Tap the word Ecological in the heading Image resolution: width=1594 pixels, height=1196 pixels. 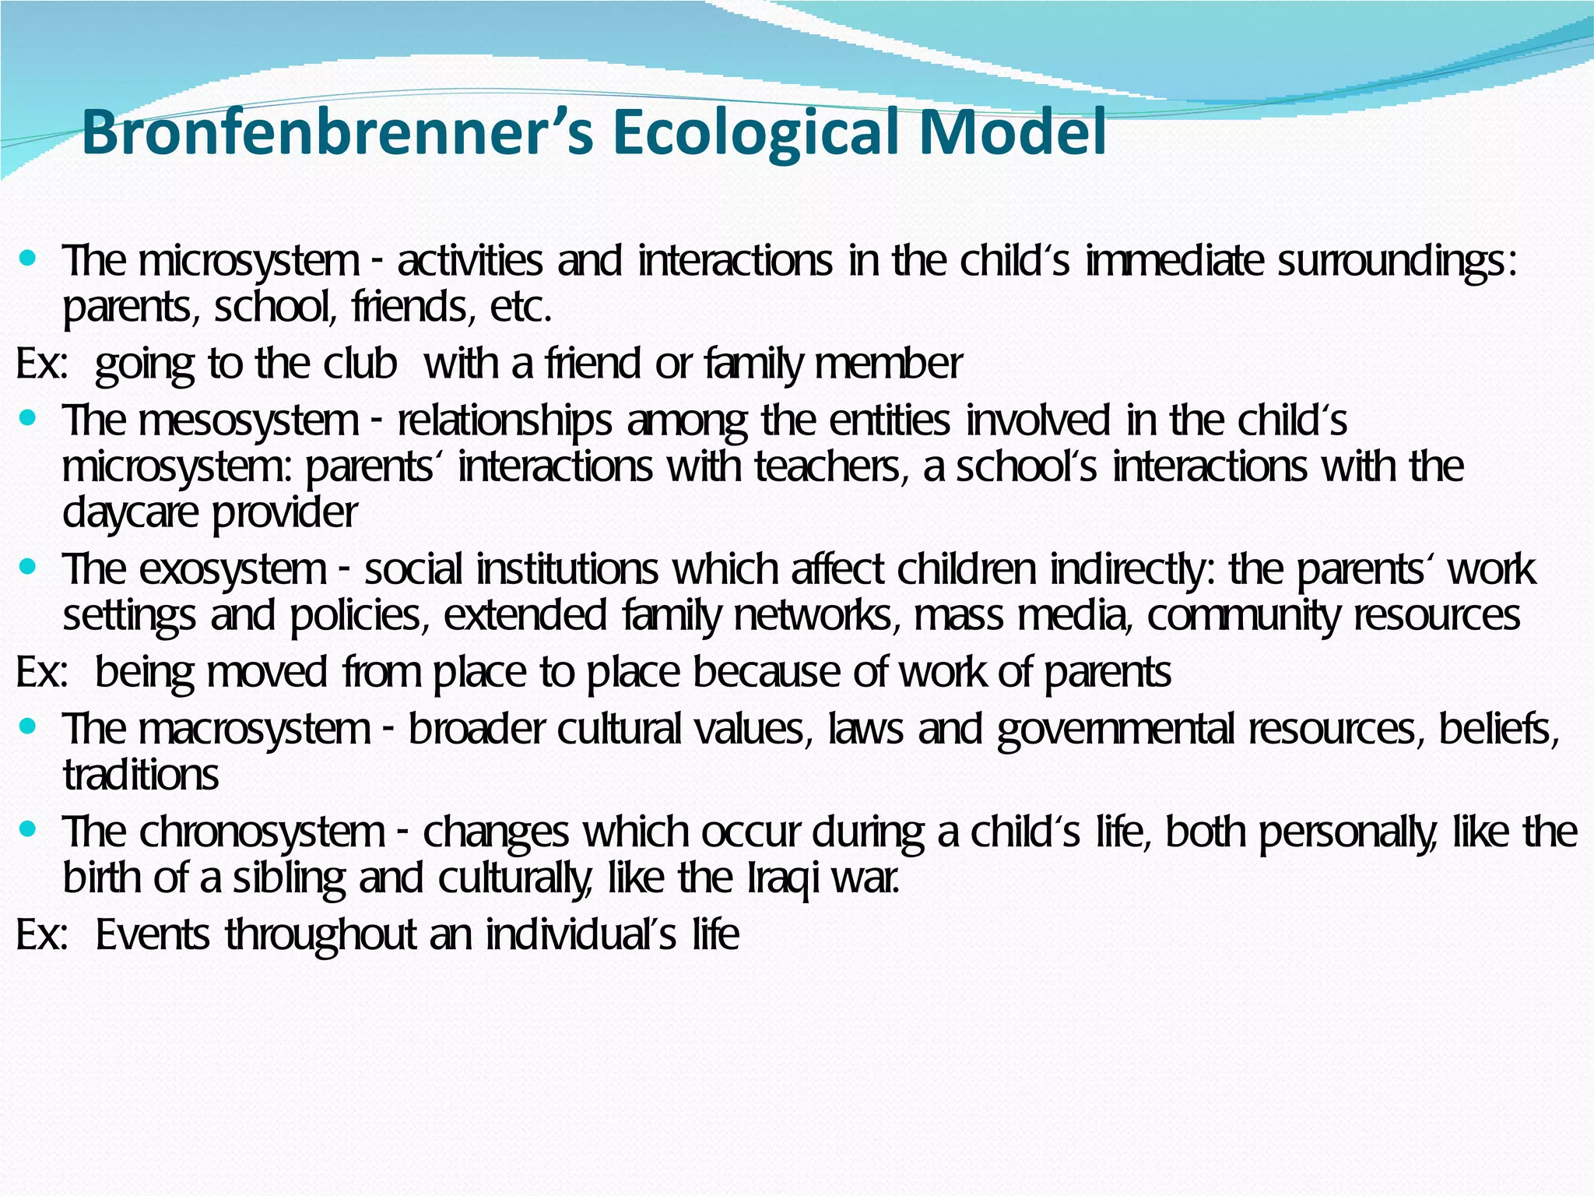pos(752,132)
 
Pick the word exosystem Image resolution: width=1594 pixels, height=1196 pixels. pos(233,569)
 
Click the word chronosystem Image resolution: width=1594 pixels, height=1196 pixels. pos(262,832)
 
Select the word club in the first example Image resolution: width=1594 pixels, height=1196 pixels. pos(360,364)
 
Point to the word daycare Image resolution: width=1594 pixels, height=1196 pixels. pos(130,513)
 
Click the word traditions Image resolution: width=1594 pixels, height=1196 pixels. pos(141,776)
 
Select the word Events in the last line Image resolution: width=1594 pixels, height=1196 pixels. pos(153,934)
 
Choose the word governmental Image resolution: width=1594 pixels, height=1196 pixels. pos(1115,730)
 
